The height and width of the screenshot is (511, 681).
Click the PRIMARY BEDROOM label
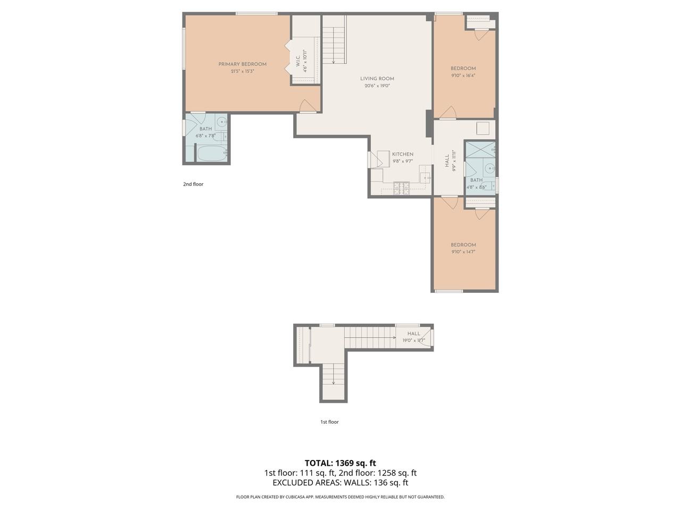point(242,64)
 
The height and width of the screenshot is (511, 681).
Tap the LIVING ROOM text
point(377,79)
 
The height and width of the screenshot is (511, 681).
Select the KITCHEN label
point(403,154)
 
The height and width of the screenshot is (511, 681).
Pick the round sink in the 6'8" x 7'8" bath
point(221,122)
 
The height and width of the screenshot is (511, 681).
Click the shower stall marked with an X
point(480,150)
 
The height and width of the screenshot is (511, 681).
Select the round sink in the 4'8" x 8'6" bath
point(489,169)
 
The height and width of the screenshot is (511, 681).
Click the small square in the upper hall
point(483,128)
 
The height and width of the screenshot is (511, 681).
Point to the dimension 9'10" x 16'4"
point(463,76)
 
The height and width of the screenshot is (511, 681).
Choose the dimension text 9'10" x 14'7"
point(463,252)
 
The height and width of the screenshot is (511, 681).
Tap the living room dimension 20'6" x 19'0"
point(377,86)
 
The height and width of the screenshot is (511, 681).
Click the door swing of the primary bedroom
point(308,106)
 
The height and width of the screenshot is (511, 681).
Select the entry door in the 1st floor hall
point(426,337)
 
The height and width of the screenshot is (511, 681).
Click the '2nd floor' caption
point(193,184)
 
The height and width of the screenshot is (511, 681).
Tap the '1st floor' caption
point(329,422)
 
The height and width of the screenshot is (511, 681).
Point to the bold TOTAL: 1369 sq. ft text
point(340,463)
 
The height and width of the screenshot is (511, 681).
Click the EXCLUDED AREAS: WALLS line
point(340,483)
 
